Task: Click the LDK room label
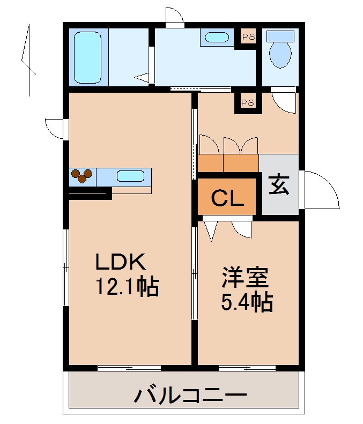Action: pos(121,262)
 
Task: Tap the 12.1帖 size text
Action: pos(127,288)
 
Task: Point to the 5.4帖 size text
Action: pos(247,303)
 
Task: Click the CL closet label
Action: pos(227,198)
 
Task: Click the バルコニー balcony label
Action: pos(190,397)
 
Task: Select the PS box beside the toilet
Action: pos(248,37)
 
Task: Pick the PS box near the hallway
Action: pos(247,102)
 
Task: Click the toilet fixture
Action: pos(280,49)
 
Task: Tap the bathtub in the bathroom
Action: pos(87,57)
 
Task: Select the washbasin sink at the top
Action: pos(217,38)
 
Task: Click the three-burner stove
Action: pos(82,176)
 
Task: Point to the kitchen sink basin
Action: pos(130,176)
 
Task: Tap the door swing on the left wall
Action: pos(55,129)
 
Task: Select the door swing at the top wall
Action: pos(174,18)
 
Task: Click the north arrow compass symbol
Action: pos(27,59)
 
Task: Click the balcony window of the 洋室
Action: pos(247,368)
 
